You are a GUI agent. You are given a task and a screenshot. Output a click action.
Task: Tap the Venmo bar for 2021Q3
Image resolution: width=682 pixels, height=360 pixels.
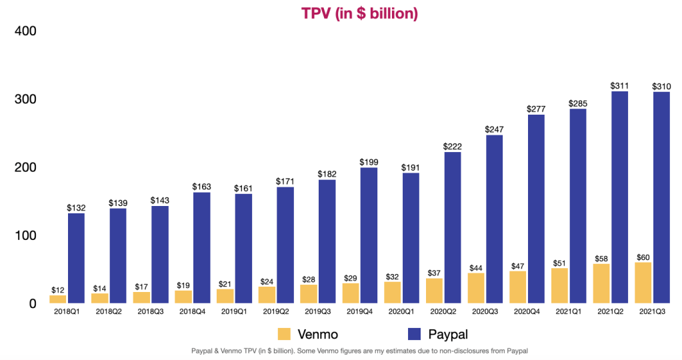(643, 283)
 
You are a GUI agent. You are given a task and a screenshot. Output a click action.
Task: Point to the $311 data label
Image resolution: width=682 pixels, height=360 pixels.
(619, 86)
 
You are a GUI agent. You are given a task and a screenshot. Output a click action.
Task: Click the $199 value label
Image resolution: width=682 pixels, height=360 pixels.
(369, 162)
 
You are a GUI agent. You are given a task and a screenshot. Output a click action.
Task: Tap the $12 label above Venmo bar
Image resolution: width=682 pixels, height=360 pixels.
(58, 290)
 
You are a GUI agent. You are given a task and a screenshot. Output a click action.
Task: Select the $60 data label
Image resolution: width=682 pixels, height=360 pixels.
(643, 257)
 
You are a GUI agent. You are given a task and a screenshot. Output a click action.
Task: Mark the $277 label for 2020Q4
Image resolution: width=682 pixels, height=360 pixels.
(536, 109)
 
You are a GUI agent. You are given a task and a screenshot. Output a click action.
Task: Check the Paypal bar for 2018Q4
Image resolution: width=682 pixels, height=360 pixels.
(201, 247)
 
